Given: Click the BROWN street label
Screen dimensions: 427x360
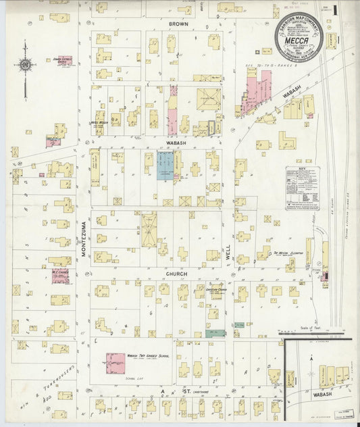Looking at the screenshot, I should [178, 24].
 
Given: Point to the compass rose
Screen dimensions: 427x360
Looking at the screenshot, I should [25, 66].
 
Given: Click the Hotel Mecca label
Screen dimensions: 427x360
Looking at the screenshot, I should [99, 122].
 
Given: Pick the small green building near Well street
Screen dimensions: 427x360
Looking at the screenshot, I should [214, 333].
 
